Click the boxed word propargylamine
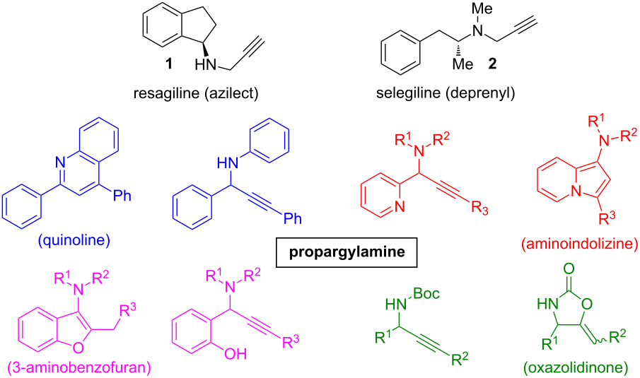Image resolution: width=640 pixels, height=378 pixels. tap(347, 252)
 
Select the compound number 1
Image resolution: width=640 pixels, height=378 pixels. tap(168, 64)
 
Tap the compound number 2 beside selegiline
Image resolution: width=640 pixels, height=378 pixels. tap(492, 64)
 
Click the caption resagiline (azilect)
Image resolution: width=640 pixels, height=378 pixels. tap(196, 93)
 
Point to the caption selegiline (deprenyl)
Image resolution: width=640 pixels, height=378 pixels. tap(446, 93)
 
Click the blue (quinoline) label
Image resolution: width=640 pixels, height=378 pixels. tap(74, 240)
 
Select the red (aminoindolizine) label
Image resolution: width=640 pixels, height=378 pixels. tap(580, 244)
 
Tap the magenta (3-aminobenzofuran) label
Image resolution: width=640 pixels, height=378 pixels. tap(79, 367)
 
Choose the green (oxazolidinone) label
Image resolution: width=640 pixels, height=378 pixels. tap(576, 367)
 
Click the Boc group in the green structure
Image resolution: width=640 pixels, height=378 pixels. tap(426, 293)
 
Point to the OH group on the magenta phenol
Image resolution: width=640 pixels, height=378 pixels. tap(235, 353)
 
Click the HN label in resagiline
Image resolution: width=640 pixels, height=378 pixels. tap(205, 65)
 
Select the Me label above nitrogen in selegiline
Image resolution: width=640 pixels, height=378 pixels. tap(482, 9)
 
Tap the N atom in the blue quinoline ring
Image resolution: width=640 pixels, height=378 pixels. tap(60, 163)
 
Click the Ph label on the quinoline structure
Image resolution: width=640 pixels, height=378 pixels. tap(122, 196)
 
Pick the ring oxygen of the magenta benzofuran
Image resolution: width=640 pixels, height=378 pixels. tap(78, 348)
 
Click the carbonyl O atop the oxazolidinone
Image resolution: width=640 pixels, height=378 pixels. tap(569, 268)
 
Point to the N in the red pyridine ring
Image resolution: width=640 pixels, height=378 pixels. tap(400, 207)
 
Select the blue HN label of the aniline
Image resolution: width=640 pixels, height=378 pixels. tap(228, 163)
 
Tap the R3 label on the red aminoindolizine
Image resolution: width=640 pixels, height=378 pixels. tap(607, 218)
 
